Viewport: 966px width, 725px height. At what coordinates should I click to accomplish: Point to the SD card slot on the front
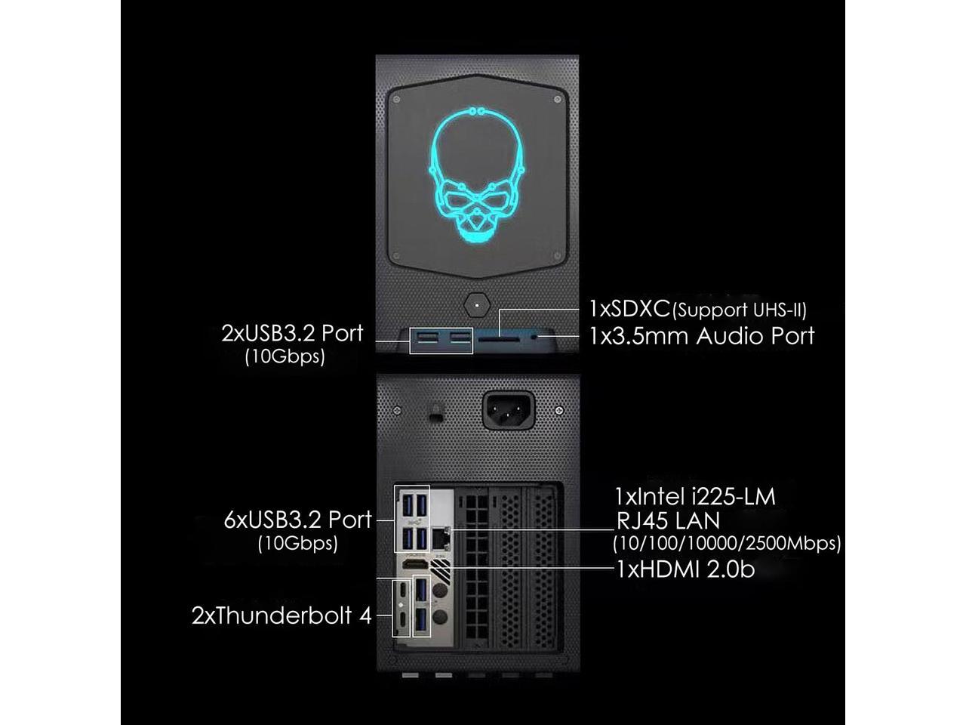coord(495,341)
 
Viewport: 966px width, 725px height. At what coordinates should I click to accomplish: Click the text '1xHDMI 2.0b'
coord(685,569)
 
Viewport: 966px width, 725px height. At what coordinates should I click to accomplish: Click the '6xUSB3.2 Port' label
coord(298,520)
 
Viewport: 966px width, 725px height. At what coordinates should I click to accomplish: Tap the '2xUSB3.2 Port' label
coord(292,333)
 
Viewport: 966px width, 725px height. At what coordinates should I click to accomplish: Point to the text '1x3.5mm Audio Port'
coord(702,335)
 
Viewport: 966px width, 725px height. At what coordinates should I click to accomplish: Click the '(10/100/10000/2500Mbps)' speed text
coord(727,543)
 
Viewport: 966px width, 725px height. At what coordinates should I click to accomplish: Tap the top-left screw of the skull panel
coord(397,99)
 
